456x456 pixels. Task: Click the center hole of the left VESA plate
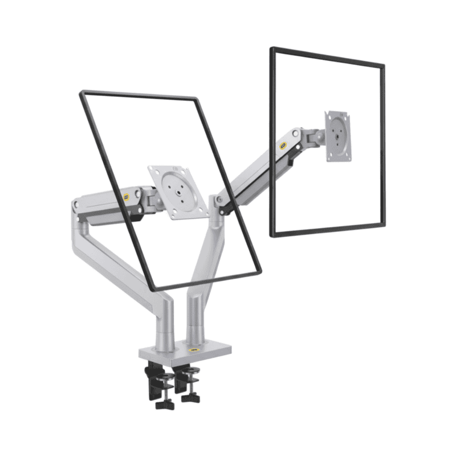[178, 192]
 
